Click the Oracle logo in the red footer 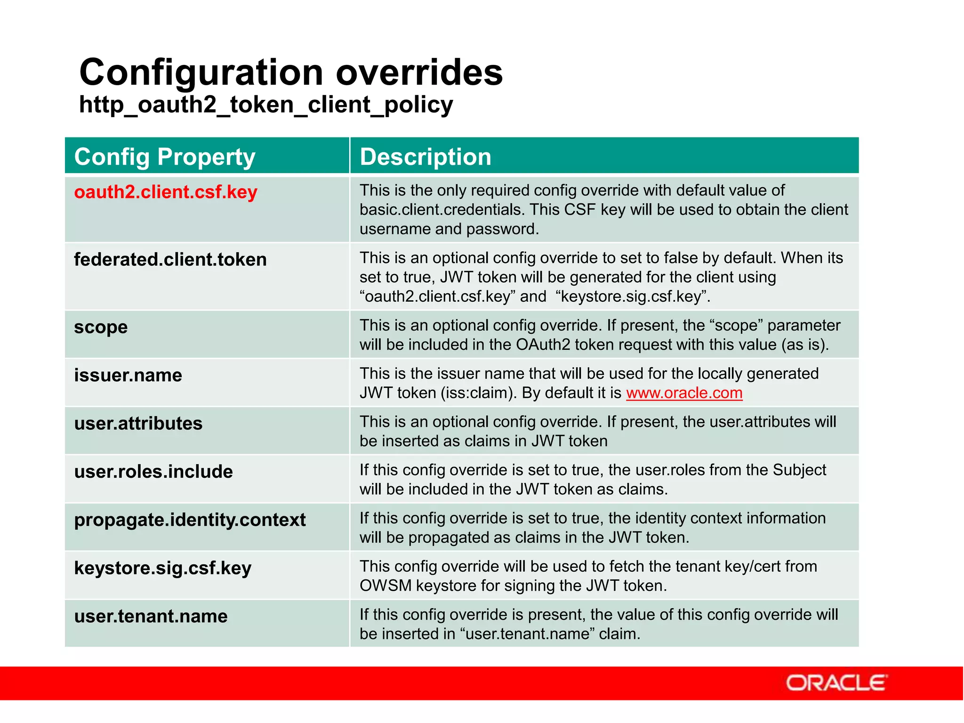pos(836,683)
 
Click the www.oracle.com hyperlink pos(684,393)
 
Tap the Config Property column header pos(165,157)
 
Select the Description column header pos(425,157)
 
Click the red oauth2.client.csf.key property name pos(166,192)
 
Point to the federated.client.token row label pos(170,259)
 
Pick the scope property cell pos(101,327)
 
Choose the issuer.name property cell pos(128,375)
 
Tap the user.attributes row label pos(138,424)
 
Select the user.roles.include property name pos(153,472)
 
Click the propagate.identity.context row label pos(190,520)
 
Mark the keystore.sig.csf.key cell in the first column pos(162,568)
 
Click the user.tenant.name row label pos(151,616)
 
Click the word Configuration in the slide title pos(201,73)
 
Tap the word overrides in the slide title pos(419,73)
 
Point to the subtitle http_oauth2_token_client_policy pos(265,104)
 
